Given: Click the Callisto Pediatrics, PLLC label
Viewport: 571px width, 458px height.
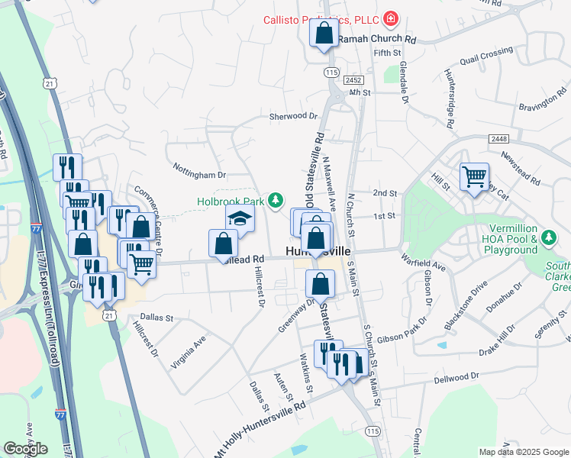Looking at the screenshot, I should click(x=321, y=18).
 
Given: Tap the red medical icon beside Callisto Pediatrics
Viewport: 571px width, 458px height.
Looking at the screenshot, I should click(x=391, y=18).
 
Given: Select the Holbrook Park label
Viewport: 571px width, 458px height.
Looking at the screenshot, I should click(x=230, y=201).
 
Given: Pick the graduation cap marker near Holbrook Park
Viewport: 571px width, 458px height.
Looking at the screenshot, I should click(x=240, y=218).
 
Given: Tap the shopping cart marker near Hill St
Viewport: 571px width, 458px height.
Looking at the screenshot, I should click(x=474, y=177).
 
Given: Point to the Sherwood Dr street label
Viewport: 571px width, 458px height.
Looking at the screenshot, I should click(x=292, y=116).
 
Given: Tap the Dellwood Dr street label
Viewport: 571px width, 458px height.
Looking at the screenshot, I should click(x=456, y=377).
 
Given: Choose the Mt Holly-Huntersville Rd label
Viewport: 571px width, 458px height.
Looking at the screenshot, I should click(x=259, y=431).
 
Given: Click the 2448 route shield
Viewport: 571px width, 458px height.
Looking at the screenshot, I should click(x=499, y=138).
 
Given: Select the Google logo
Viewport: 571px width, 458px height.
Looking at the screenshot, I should click(x=25, y=449).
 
